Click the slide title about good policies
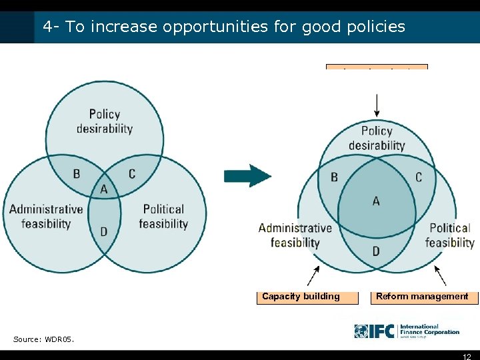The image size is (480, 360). (224, 27)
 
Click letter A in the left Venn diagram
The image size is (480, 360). (103, 189)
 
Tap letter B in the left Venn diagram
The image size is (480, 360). (77, 173)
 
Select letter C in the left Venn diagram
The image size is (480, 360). (131, 173)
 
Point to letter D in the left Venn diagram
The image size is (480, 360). (103, 231)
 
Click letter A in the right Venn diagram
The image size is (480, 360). (376, 201)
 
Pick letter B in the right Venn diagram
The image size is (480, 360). (334, 177)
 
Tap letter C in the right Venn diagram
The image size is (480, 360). (418, 177)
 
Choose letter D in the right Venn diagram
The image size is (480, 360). (376, 251)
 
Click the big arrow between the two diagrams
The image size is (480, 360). (247, 176)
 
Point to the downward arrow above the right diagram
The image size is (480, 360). (377, 105)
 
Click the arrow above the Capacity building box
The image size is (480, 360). (313, 274)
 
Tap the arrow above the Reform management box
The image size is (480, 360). (440, 274)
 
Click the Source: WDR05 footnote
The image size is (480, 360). (44, 339)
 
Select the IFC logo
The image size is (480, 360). (407, 331)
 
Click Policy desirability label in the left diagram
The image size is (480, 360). (105, 121)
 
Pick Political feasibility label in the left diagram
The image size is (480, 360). (163, 216)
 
